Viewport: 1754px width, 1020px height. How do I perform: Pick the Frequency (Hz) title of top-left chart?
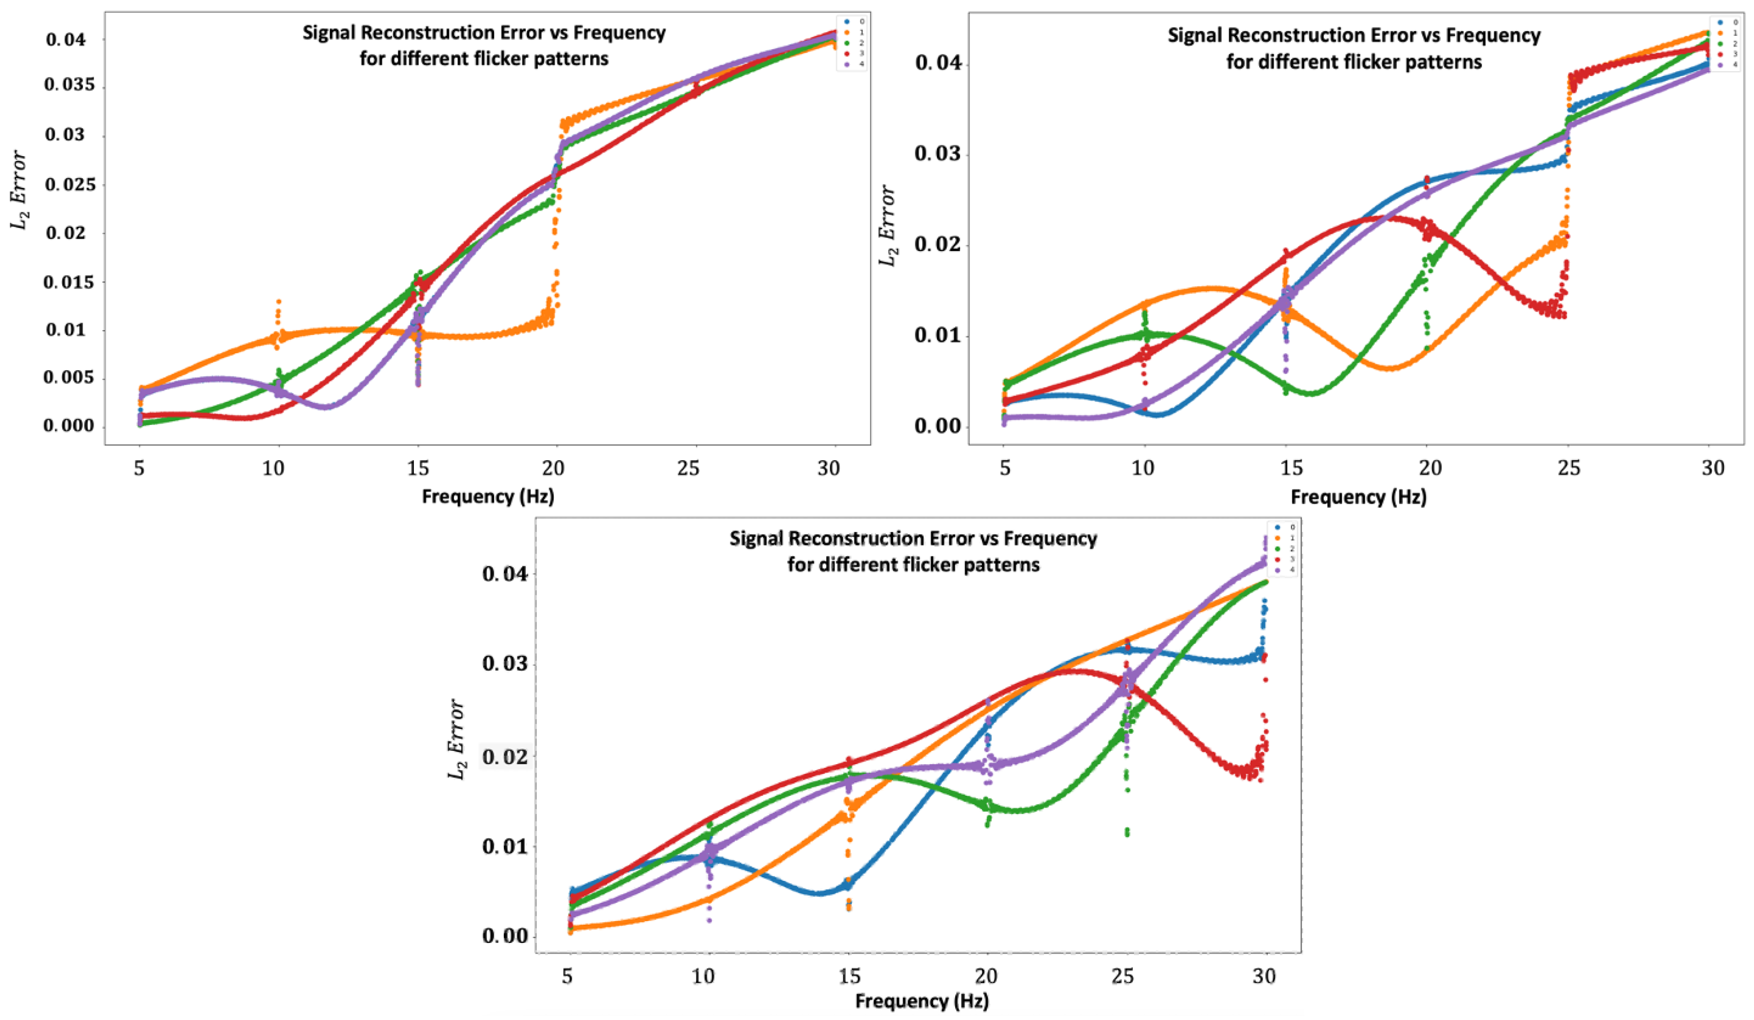pos(487,497)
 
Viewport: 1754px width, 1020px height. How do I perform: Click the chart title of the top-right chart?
pos(1353,48)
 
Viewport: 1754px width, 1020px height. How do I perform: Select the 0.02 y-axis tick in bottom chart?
pos(505,756)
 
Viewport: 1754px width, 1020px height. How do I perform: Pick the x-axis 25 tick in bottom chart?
pos(1122,977)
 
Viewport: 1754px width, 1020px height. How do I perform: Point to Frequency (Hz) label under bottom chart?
pos(921,1001)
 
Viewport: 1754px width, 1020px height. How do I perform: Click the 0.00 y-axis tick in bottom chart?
pos(505,937)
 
